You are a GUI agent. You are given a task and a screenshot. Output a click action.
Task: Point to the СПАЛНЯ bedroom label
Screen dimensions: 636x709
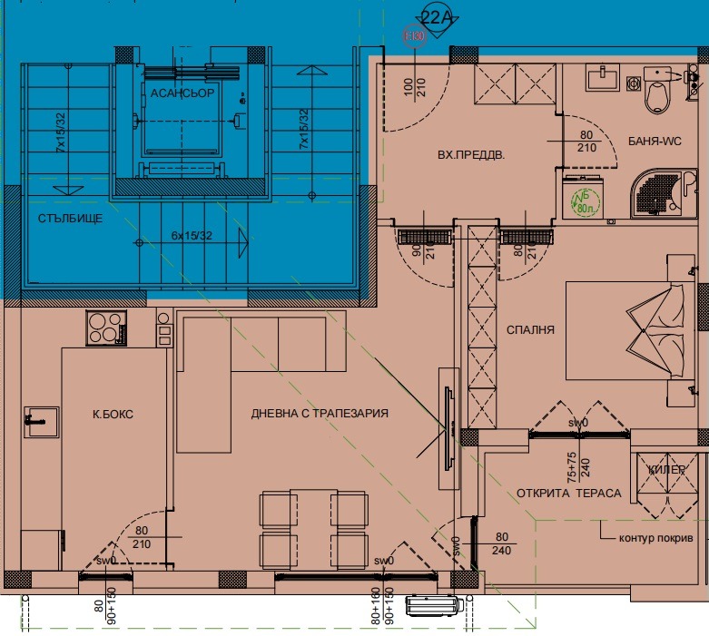531,330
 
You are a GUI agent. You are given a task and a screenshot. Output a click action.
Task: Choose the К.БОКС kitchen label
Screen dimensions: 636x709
113,414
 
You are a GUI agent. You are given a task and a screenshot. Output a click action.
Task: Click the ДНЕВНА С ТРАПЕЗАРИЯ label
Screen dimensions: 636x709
320,414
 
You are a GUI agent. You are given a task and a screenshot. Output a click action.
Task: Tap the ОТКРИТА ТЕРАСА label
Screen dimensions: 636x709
568,494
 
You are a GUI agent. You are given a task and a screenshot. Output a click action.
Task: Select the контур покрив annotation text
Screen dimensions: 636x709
656,538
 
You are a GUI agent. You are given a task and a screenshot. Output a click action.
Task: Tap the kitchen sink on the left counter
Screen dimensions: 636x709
39,422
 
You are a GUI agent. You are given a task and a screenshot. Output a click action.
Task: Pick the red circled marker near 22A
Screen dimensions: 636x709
414,36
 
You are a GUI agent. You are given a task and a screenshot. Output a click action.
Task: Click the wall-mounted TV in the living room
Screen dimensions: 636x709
448,413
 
